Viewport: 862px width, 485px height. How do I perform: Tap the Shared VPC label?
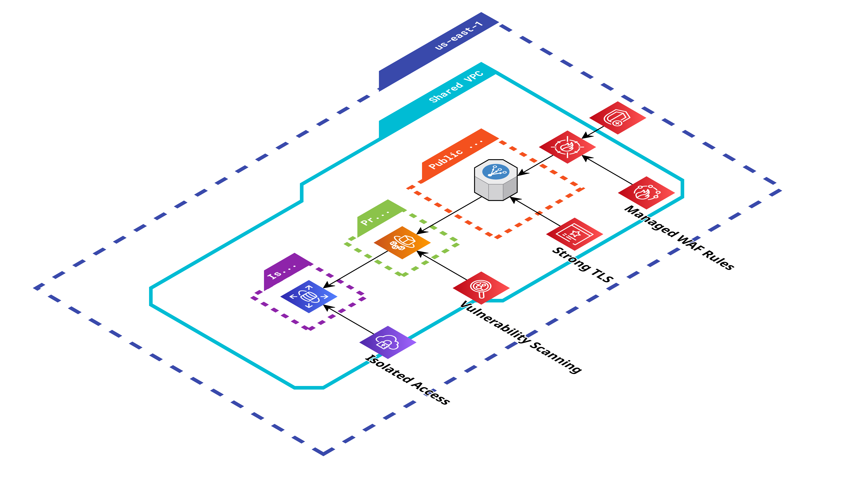(456, 87)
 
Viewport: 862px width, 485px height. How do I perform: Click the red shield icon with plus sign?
(617, 118)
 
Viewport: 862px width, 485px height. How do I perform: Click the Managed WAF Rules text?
(679, 238)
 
